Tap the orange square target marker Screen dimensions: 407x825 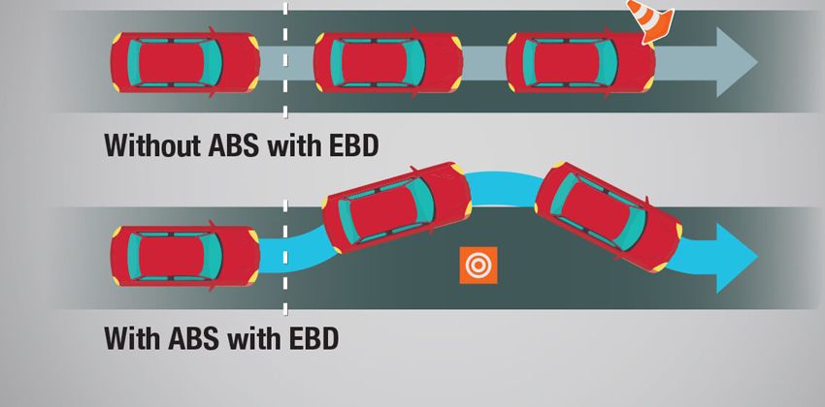coord(478,266)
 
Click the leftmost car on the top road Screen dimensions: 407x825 coord(184,63)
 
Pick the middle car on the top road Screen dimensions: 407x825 coord(386,63)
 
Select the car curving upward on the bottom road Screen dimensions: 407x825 coord(398,211)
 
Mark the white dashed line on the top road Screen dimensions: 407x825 coord(285,58)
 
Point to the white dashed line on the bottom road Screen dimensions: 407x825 coord(285,257)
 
